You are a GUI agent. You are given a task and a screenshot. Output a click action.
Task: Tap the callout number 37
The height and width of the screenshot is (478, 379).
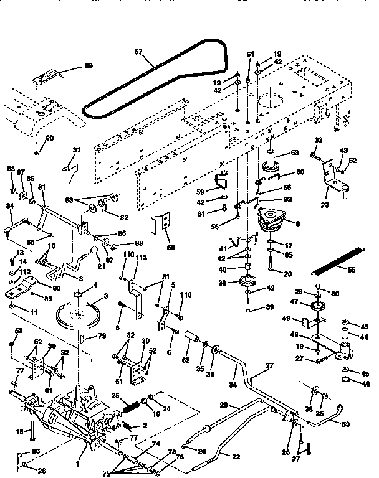click(x=269, y=366)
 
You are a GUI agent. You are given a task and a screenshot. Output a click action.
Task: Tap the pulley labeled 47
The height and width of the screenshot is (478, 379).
click(x=317, y=307)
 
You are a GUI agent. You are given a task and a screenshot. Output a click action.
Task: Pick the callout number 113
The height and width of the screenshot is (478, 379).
click(x=142, y=258)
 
